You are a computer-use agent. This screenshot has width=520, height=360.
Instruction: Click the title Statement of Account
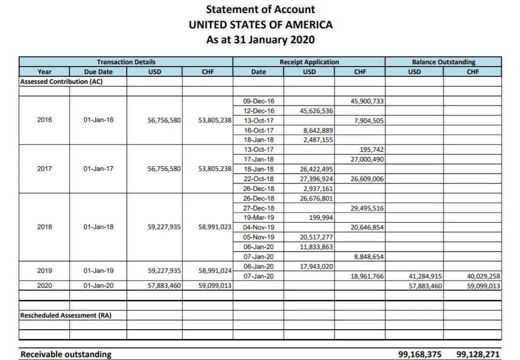[x=260, y=9]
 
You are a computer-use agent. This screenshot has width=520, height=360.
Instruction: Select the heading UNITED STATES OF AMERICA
[x=260, y=25]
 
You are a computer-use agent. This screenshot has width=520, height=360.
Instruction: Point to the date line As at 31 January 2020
[x=260, y=40]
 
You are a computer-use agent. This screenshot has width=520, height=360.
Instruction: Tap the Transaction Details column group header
[x=126, y=62]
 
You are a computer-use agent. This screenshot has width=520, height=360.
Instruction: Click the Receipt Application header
[x=309, y=62]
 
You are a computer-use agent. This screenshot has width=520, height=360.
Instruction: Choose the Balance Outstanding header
[x=443, y=62]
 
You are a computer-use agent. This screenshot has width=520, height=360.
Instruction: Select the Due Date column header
[x=98, y=72]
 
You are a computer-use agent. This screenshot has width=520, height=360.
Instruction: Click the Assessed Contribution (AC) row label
[x=61, y=81]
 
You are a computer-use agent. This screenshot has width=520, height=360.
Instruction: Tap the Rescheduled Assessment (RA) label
[x=65, y=315]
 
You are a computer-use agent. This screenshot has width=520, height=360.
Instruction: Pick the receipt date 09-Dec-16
[x=259, y=101]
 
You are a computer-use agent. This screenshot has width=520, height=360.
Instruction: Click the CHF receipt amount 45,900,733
[x=367, y=101]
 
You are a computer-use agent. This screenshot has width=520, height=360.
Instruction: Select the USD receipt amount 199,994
[x=321, y=217]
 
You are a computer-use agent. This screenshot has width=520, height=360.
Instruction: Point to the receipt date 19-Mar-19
[x=259, y=217]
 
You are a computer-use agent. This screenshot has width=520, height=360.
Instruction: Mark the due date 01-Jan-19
[x=98, y=270]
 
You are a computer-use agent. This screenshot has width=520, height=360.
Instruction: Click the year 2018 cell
[x=44, y=227]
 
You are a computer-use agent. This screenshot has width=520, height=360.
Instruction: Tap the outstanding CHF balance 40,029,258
[x=483, y=276]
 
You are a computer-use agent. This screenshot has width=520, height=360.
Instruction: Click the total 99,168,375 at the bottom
[x=420, y=354]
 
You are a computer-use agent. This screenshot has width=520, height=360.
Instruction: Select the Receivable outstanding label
[x=65, y=354]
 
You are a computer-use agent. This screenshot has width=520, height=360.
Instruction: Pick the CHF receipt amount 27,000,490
[x=367, y=159]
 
